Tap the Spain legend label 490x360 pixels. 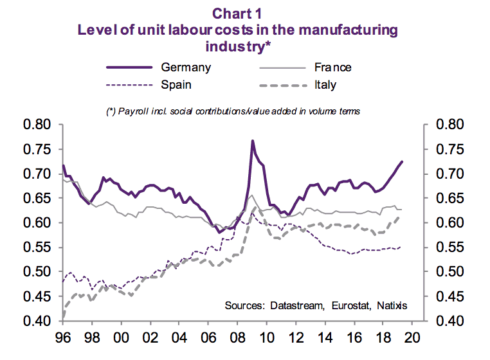(x=176, y=84)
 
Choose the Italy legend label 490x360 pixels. (x=326, y=84)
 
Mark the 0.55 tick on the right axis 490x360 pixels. (x=454, y=248)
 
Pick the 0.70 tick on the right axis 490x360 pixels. (x=454, y=174)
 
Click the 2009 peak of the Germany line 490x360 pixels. (x=253, y=140)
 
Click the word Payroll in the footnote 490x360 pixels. (x=132, y=111)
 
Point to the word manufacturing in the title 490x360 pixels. (x=339, y=30)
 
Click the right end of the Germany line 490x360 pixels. (x=403, y=161)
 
